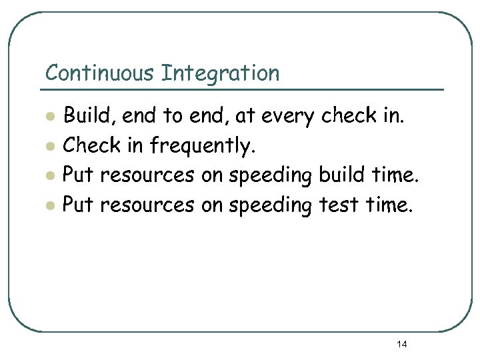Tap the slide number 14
pos(402,344)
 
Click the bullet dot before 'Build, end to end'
pos(49,117)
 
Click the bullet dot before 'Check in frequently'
pos(49,147)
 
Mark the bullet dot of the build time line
pos(49,177)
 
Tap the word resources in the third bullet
pos(148,177)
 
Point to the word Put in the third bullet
pos(77,176)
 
